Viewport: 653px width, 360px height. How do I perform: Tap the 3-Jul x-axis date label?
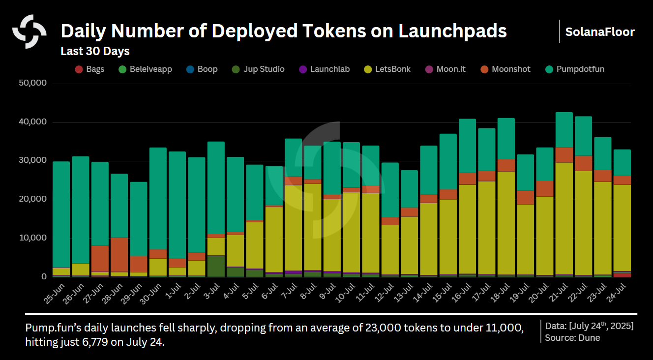[213, 292]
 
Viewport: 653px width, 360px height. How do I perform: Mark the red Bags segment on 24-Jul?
[622, 275]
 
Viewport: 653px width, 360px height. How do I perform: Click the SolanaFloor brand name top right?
[600, 32]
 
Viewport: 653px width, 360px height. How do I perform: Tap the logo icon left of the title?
[29, 31]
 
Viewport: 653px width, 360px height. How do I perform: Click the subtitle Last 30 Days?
[95, 51]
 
